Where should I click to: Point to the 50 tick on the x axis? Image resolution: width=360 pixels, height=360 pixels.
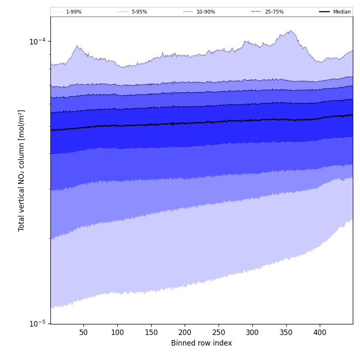coord(83,333)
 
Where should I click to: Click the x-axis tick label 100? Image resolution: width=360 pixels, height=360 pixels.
coord(117,333)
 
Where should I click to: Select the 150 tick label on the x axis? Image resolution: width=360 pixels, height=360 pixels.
coord(151,333)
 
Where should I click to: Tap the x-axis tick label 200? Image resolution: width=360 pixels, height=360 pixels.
coord(185,333)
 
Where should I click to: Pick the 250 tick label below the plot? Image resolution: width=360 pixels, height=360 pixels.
coord(219,333)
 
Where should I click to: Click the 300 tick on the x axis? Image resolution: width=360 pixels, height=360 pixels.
coord(252,333)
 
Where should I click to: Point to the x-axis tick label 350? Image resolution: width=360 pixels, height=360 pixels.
coord(286,333)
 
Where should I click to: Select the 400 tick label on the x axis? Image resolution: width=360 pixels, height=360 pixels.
coord(320,333)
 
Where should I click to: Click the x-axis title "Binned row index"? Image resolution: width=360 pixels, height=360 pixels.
coord(202,343)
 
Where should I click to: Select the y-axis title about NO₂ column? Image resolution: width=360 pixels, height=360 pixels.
coord(22,170)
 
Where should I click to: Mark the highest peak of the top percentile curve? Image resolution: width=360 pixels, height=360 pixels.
coord(291,30)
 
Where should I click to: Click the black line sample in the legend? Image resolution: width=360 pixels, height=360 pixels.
coord(325,12)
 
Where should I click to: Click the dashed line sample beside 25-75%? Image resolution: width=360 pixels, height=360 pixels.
coord(256,12)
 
